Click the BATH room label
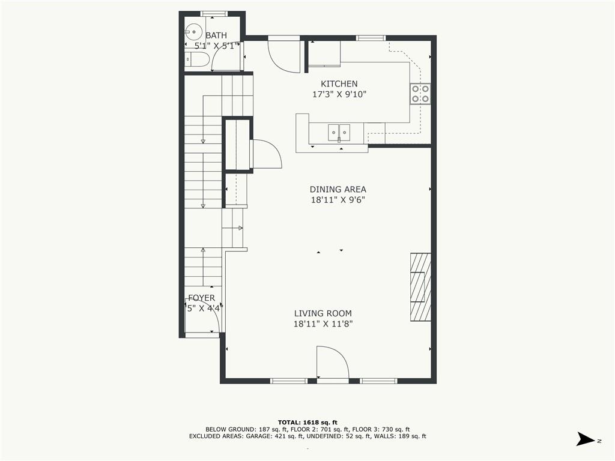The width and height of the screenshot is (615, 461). pos(216,35)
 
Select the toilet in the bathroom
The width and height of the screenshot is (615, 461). pos(197,59)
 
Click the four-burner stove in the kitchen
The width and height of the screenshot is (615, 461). pos(420,94)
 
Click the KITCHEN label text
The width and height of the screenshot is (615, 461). pos(339,84)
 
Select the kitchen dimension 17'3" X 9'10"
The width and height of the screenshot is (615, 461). pos(339,94)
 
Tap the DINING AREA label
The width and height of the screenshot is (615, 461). pos(338,189)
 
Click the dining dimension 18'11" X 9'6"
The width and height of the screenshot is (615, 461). pos(338,200)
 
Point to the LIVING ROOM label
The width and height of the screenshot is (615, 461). pos(323,313)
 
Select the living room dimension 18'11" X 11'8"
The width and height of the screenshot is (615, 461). pos(323,324)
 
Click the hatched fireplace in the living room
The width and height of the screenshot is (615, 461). pos(420,287)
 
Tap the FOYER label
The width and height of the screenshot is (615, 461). pos(201,298)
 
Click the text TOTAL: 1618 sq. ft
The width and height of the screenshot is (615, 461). pos(307,422)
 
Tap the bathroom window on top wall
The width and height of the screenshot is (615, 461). pos(213,13)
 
